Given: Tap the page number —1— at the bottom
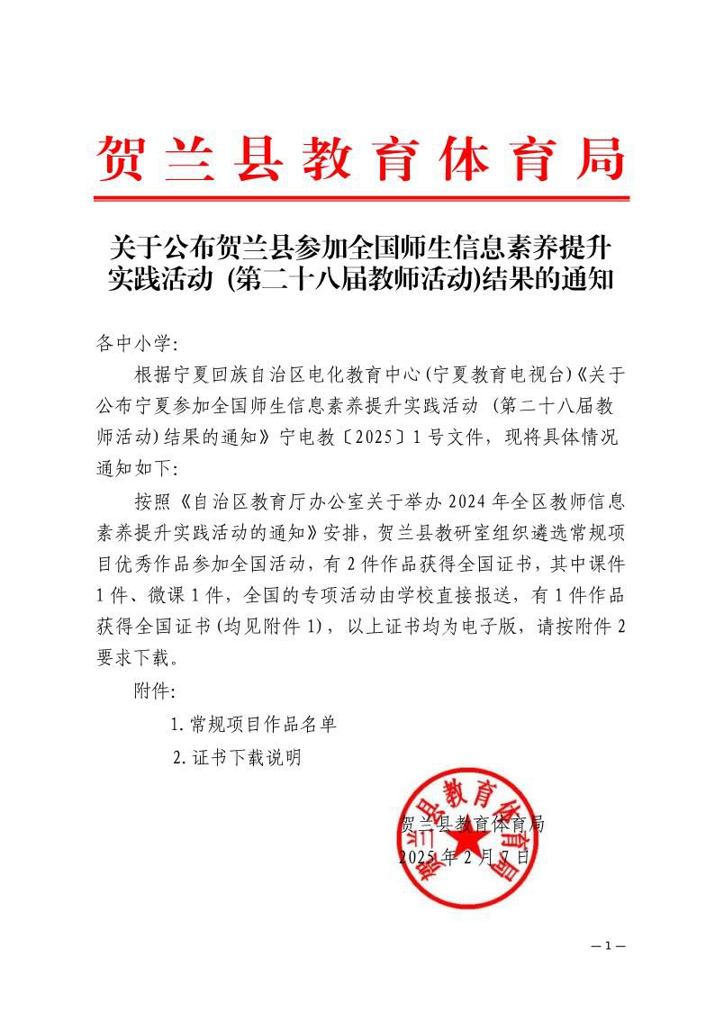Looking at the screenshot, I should coord(608,946).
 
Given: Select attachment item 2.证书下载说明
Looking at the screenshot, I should coord(237,757).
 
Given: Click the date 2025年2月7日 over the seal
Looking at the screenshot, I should coord(464,855).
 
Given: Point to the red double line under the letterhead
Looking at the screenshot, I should coord(360,197).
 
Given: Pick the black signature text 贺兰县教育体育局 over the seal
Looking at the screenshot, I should coord(471,823).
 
